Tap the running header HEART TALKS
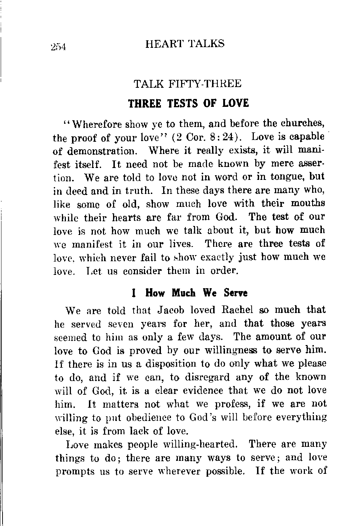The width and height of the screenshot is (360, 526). click(x=185, y=44)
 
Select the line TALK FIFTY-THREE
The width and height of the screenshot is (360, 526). click(x=187, y=84)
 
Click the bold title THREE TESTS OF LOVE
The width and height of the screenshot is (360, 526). click(x=189, y=103)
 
